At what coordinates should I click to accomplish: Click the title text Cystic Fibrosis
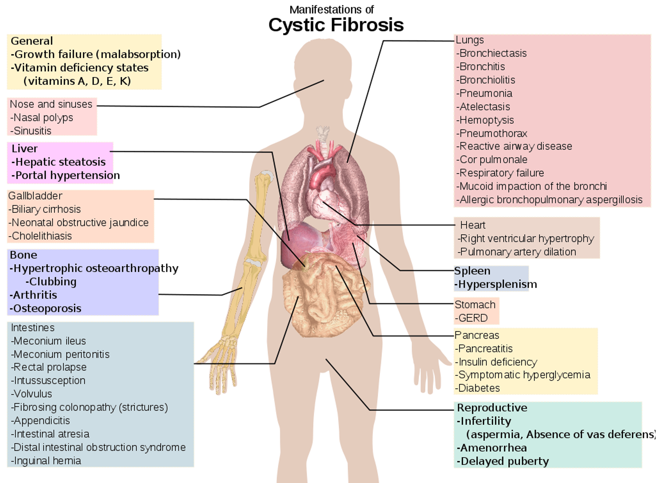coord(336,25)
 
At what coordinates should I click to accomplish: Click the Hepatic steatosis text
coord(60,162)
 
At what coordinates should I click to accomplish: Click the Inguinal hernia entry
coord(47,461)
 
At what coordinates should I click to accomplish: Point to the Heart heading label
coord(473,225)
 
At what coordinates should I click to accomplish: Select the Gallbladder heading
coord(35,196)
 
